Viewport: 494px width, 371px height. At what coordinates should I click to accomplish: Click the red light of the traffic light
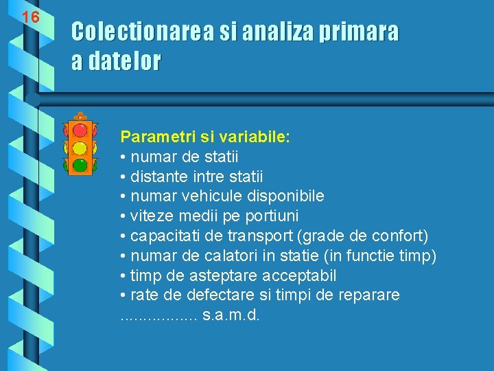[x=80, y=130]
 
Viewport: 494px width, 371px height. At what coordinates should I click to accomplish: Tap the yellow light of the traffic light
[x=80, y=148]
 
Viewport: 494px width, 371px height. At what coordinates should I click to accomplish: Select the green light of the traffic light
[x=80, y=165]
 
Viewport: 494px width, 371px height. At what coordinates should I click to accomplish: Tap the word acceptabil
[x=296, y=276]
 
